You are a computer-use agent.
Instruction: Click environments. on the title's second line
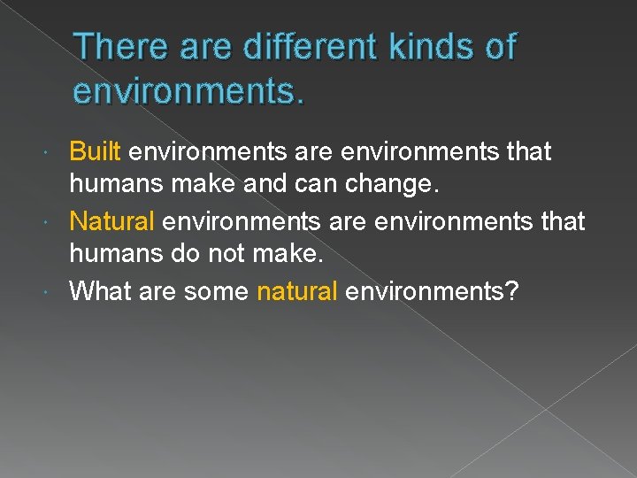188,91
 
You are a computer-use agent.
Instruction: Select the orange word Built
95,152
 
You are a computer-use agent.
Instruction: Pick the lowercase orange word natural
296,290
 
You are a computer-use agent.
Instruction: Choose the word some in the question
216,290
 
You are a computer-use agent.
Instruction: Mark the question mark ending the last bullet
510,290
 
